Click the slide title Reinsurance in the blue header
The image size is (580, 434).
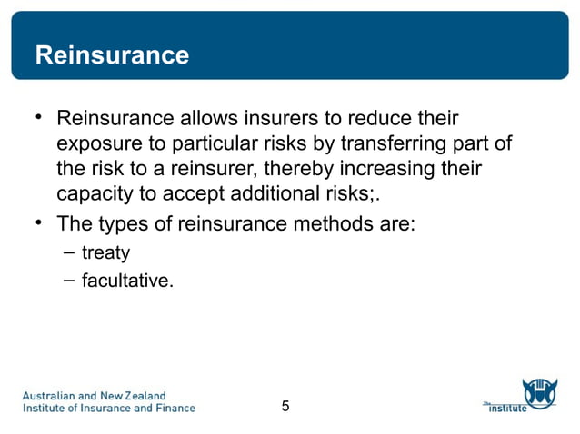pyautogui.click(x=112, y=55)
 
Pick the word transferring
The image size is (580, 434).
pyautogui.click(x=376, y=144)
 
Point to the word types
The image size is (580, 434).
pyautogui.click(x=116, y=223)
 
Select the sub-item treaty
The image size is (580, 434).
pyautogui.click(x=105, y=252)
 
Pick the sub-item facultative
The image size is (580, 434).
pyautogui.click(x=127, y=281)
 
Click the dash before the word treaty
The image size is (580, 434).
pyautogui.click(x=69, y=252)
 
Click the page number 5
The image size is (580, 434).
pyautogui.click(x=285, y=406)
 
